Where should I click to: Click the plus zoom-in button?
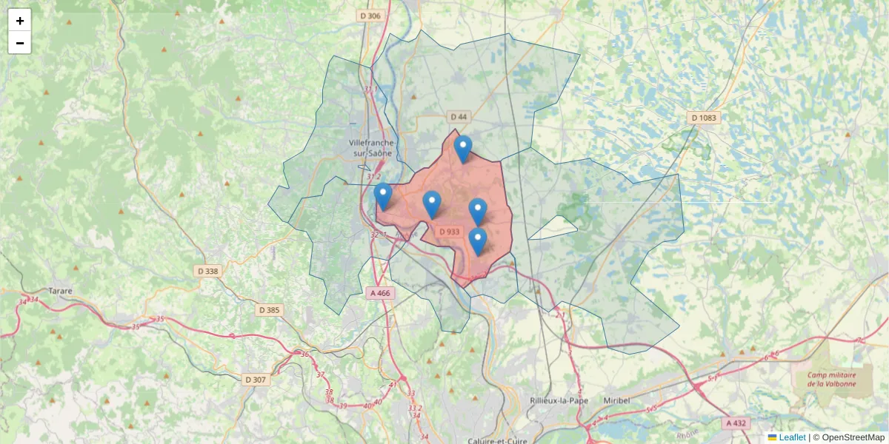pos(20,21)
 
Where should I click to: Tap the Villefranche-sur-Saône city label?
pos(373,148)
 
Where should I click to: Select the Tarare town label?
pos(61,291)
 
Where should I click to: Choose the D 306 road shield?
pos(370,16)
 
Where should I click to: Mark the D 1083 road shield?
pos(705,118)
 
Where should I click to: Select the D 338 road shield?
pos(208,271)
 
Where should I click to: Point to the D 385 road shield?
pos(269,310)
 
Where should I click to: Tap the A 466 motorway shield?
pos(379,293)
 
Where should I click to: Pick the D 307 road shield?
pos(255,380)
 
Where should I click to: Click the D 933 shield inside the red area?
pos(449,232)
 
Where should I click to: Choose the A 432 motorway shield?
pos(736,423)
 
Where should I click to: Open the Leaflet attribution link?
pos(791,437)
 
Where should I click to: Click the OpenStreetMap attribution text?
pos(853,437)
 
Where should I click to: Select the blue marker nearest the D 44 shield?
pos(463,149)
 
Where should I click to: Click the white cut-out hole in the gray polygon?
pos(553,229)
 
